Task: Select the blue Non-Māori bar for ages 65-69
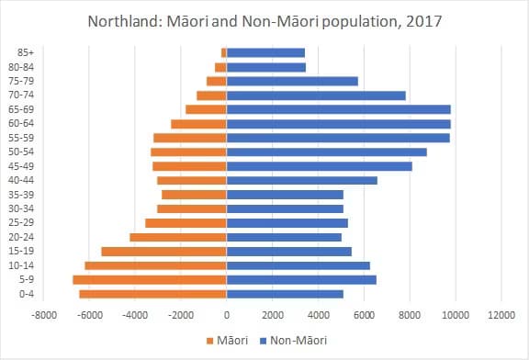point(338,109)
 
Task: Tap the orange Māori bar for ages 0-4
point(152,294)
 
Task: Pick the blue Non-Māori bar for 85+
point(265,52)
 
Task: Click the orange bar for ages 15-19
point(163,251)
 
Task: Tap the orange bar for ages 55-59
point(190,138)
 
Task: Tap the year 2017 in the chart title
point(422,20)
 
